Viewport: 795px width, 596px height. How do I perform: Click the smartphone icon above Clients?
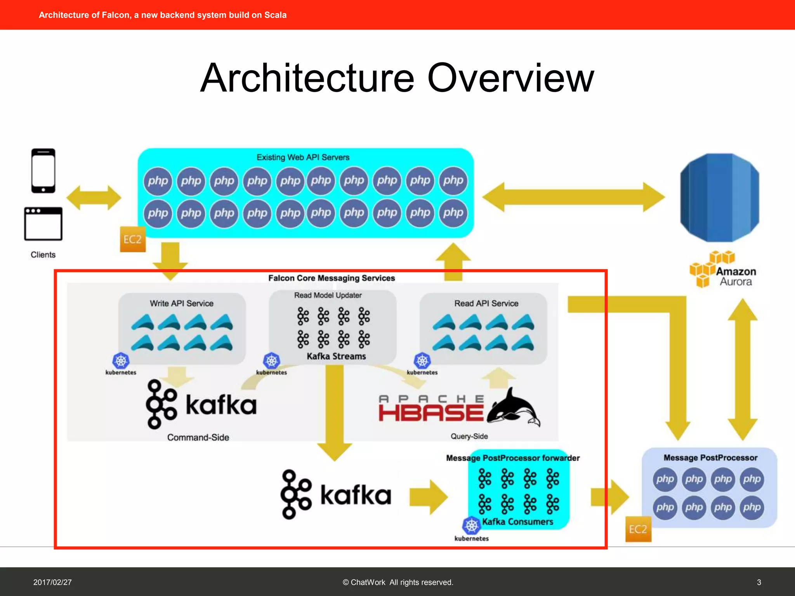coord(43,171)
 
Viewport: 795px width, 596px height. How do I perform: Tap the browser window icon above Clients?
coord(43,224)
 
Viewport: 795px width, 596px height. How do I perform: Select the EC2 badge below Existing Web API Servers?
coord(133,239)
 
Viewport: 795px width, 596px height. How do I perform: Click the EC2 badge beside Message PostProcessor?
coord(638,529)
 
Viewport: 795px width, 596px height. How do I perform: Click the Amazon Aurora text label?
coord(736,276)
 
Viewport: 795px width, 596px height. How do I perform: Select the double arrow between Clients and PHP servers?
coord(94,198)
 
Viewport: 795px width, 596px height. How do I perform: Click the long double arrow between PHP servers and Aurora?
coord(573,197)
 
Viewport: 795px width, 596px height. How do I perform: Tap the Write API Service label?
coord(182,303)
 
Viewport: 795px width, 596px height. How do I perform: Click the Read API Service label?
coord(486,303)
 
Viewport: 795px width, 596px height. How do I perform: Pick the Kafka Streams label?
coord(336,356)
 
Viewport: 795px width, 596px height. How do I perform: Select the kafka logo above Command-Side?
coord(201,404)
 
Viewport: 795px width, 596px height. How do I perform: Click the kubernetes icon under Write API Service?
coord(121,361)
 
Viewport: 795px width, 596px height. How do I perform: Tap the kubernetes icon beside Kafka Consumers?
coord(471,526)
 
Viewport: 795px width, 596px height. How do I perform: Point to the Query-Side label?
coord(469,436)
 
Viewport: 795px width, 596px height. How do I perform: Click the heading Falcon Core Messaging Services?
coord(332,278)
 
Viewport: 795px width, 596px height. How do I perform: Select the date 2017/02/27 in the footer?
coord(52,582)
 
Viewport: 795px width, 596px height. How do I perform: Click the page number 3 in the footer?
coord(759,582)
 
